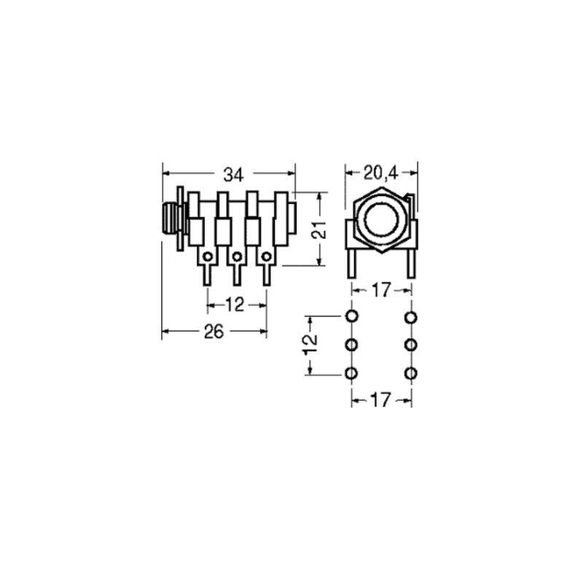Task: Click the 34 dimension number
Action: [x=233, y=175]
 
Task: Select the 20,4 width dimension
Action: [x=380, y=173]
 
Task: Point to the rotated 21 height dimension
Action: [x=319, y=230]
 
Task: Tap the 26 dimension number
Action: [x=214, y=332]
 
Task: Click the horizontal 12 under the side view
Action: [x=235, y=305]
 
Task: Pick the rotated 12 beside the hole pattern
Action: [x=310, y=344]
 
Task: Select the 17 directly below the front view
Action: [x=380, y=290]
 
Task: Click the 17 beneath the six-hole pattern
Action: [x=380, y=400]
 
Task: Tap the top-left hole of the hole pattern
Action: [x=352, y=316]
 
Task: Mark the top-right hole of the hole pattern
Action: [x=410, y=318]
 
